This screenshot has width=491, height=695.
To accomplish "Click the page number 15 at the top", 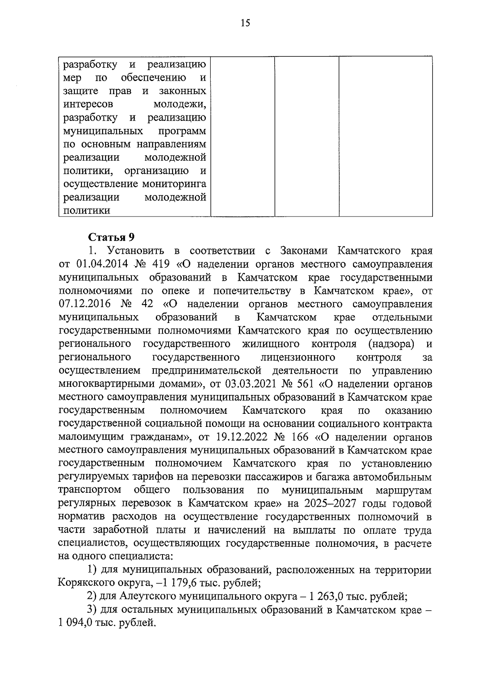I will [245, 23].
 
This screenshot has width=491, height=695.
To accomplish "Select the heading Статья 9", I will [112, 238].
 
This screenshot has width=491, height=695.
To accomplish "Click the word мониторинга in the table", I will [174, 184].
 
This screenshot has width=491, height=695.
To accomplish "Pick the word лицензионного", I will [298, 357].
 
